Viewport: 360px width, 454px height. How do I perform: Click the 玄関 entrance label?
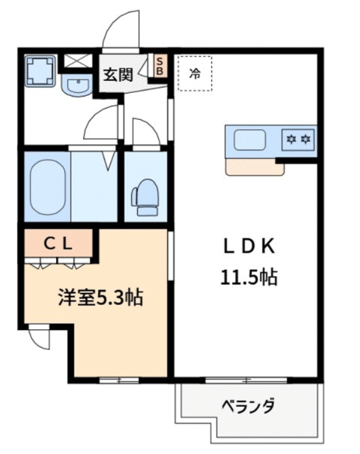pyautogui.click(x=119, y=74)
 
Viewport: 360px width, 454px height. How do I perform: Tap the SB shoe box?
pyautogui.click(x=160, y=66)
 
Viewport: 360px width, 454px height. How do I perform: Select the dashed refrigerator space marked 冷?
pyautogui.click(x=195, y=74)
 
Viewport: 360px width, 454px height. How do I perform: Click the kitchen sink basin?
pyautogui.click(x=250, y=140)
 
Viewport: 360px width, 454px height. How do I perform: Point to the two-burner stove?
pyautogui.click(x=298, y=140)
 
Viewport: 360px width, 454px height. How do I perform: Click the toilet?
pyautogui.click(x=146, y=197)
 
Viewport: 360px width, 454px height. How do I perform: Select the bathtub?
pyautogui.click(x=48, y=187)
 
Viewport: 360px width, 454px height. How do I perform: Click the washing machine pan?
pyautogui.click(x=40, y=71)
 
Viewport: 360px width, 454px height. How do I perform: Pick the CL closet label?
pyautogui.click(x=58, y=245)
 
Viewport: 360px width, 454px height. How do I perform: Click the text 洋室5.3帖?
pyautogui.click(x=101, y=298)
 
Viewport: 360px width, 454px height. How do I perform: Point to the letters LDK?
pyautogui.click(x=249, y=247)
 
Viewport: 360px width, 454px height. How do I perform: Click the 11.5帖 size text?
pyautogui.click(x=249, y=277)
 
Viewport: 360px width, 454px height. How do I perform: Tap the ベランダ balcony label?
pyautogui.click(x=248, y=406)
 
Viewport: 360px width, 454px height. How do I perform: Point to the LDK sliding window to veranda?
pyautogui.click(x=246, y=380)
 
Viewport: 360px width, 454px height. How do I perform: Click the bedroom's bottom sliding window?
pyautogui.click(x=119, y=380)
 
